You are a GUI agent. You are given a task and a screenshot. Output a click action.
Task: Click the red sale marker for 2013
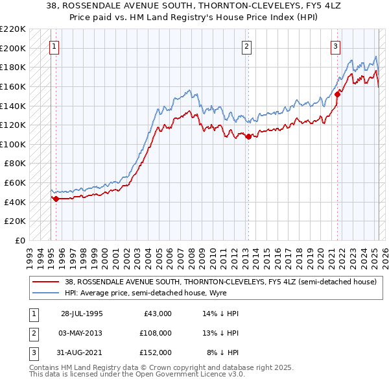[248, 136]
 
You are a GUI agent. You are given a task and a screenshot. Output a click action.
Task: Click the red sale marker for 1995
[56, 199]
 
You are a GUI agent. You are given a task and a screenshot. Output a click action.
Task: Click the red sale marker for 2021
[338, 94]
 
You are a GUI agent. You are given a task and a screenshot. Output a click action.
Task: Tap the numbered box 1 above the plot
[53, 46]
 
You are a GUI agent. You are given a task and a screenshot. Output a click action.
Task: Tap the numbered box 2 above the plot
[247, 46]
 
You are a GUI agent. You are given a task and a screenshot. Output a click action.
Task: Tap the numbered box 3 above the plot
[335, 46]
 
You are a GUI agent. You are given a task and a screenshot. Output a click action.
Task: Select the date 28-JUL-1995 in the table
[82, 314]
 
